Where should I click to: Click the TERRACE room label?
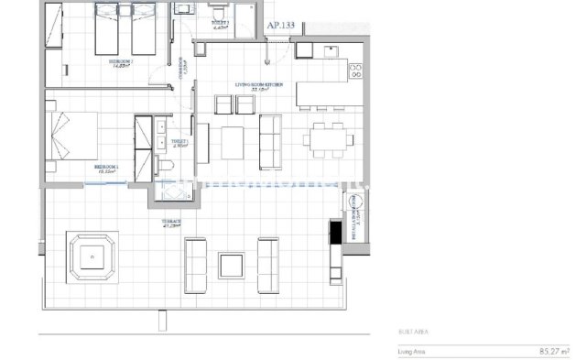[x=172, y=222]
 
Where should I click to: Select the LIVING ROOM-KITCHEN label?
[x=261, y=84]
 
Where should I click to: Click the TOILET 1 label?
[x=179, y=143]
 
